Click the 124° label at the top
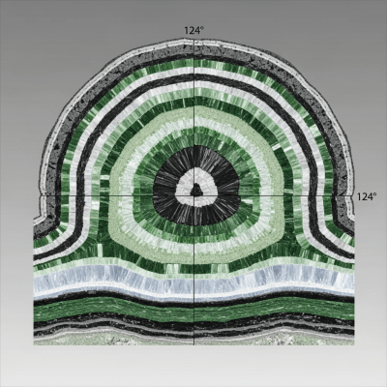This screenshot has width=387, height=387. pos(193,30)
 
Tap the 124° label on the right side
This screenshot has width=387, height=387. pos(366,196)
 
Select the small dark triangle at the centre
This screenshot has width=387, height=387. pos(194,190)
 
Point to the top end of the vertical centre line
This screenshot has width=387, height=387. pos(194,38)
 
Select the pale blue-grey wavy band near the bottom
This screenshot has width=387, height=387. pos(116,283)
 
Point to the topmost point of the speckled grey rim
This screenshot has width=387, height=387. pos(194,41)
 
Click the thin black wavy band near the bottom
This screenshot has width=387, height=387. pos(116,330)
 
